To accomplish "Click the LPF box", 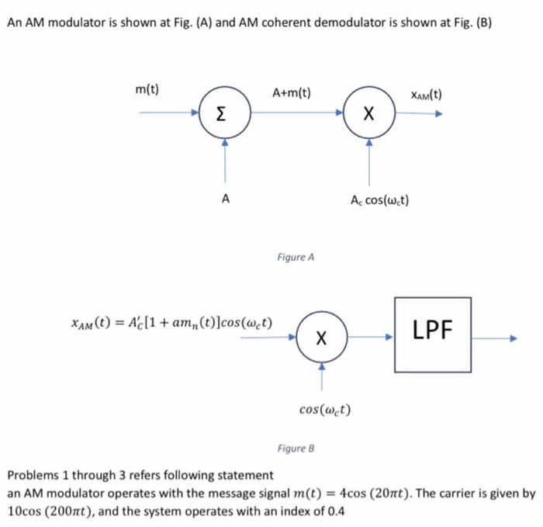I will [432, 334].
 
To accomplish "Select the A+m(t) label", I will [292, 93].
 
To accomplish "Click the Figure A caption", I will [296, 257].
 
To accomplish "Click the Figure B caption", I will [296, 449].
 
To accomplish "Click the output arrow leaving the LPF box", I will [493, 338].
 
